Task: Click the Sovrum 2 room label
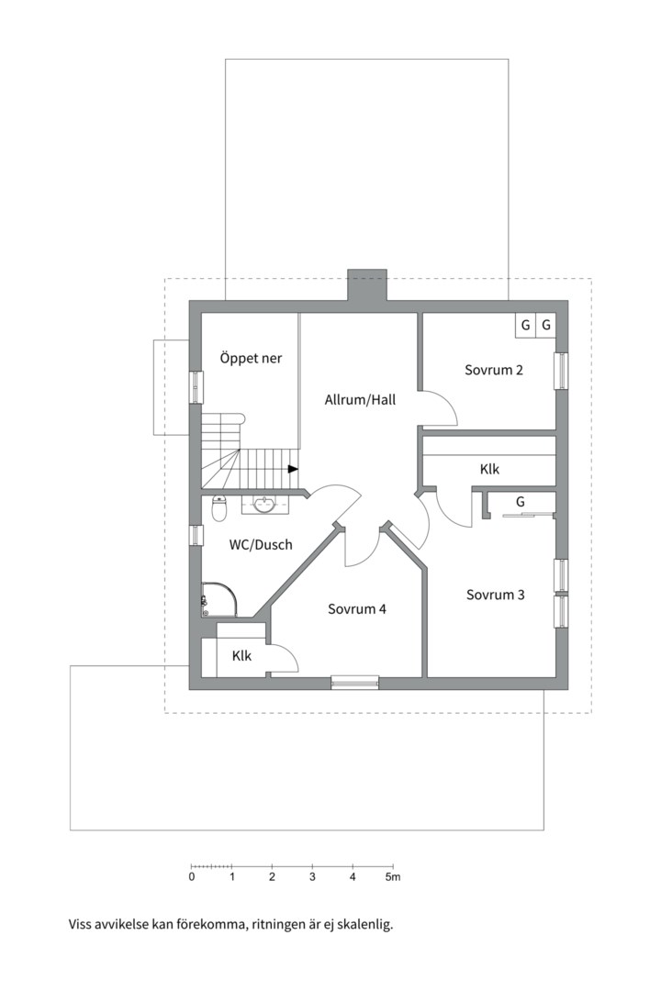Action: pos(493,370)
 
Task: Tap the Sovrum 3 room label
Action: pos(495,595)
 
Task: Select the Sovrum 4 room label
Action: pos(357,609)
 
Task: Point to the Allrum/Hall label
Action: pos(360,400)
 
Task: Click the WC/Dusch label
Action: pos(261,544)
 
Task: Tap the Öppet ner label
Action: pos(251,359)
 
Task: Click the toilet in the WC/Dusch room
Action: pos(218,508)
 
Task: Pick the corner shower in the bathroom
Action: pos(218,600)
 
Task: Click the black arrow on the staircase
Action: pos(293,469)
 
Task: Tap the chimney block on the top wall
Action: pos(367,285)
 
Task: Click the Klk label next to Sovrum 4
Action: pos(241,656)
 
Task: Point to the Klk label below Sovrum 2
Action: pos(489,469)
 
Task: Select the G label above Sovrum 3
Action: pos(521,502)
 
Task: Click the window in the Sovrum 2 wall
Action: pos(562,371)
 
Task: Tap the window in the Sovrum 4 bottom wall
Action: pos(355,683)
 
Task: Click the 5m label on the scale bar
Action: pos(394,877)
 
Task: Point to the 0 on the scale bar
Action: pos(192,877)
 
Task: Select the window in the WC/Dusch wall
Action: pos(196,535)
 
